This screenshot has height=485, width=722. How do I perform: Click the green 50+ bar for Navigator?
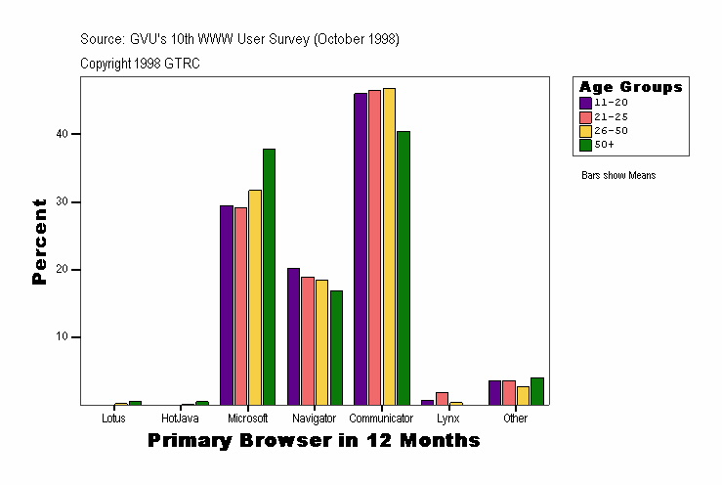pyautogui.click(x=336, y=347)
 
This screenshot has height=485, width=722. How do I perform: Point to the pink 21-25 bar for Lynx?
pyautogui.click(x=442, y=398)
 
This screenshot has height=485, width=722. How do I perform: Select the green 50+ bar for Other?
pyautogui.click(x=537, y=391)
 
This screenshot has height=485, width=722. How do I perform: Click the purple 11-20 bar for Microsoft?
pyautogui.click(x=227, y=304)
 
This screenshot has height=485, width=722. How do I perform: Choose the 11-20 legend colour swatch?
pyautogui.click(x=585, y=102)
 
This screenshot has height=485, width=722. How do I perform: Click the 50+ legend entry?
pyautogui.click(x=604, y=144)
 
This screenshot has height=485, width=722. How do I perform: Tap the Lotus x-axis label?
pyautogui.click(x=113, y=419)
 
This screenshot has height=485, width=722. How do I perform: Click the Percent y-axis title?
pyautogui.click(x=39, y=242)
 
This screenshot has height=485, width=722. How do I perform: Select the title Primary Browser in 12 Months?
pyautogui.click(x=314, y=441)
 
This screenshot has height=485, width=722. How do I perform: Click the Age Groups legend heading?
pyautogui.click(x=630, y=87)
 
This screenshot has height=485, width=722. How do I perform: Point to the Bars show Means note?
pyautogui.click(x=618, y=176)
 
